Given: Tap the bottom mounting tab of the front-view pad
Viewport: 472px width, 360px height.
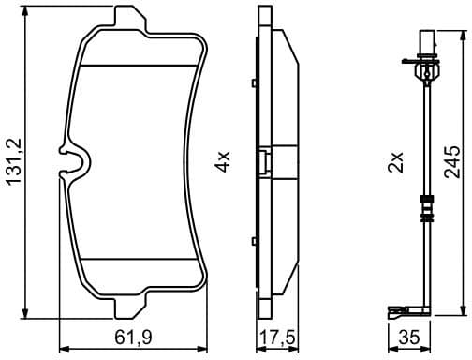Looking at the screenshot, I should [131, 309].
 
